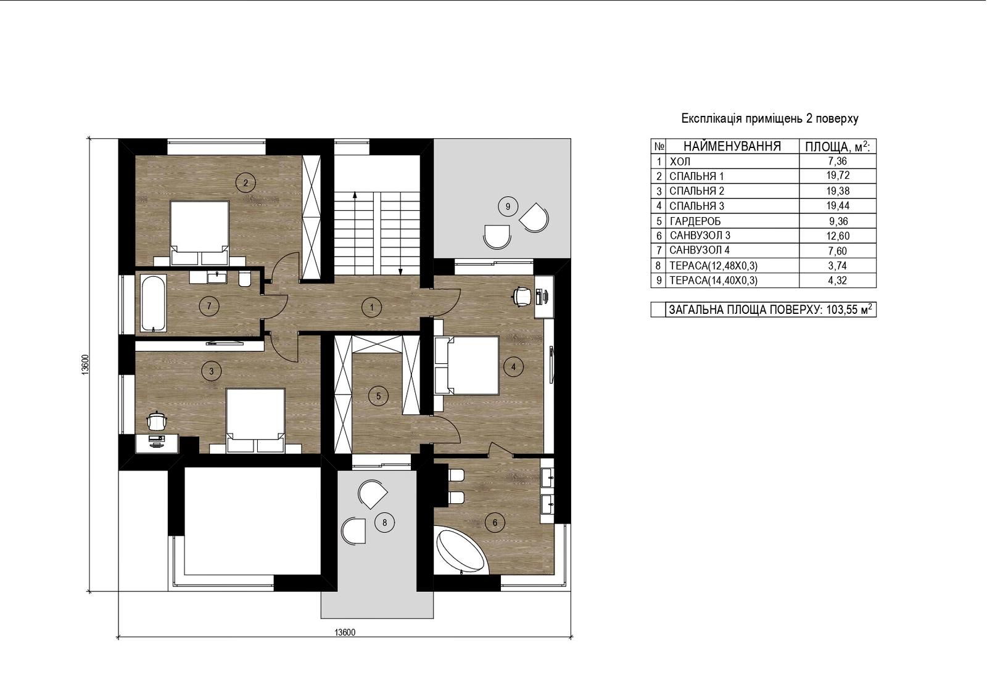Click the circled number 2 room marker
click(x=246, y=183)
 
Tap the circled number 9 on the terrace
click(x=508, y=206)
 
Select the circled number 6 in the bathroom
click(x=494, y=522)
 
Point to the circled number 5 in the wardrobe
click(x=378, y=396)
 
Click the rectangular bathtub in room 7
click(x=154, y=303)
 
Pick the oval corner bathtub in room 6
click(x=461, y=552)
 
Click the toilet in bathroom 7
click(x=244, y=279)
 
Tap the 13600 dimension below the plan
click(x=345, y=633)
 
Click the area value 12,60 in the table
click(x=838, y=236)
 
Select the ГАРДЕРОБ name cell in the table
click(x=695, y=221)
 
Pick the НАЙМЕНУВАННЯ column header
click(x=732, y=146)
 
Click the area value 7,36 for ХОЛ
click(x=838, y=161)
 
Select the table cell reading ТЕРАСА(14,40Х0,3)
click(x=713, y=281)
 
